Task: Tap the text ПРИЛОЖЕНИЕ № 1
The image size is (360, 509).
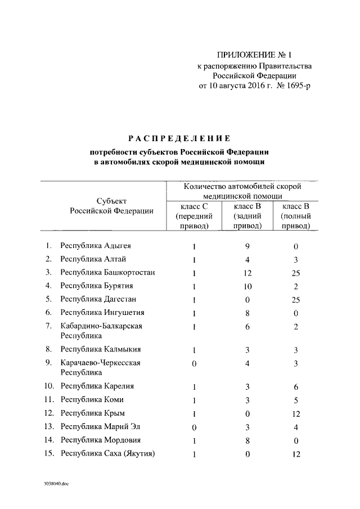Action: pos(247,55)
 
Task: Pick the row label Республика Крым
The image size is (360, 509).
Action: pos(93,413)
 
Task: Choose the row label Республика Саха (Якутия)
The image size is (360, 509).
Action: pos(108,454)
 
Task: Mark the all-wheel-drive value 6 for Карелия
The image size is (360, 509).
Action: pos(296,387)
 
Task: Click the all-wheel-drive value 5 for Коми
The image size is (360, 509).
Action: pos(296,400)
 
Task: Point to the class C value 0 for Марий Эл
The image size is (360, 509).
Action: pos(194,427)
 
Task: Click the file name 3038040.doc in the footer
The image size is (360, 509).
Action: pos(55,483)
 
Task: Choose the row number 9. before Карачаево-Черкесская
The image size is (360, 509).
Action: pos(49,363)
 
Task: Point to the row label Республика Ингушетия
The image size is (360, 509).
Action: pos(102,313)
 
